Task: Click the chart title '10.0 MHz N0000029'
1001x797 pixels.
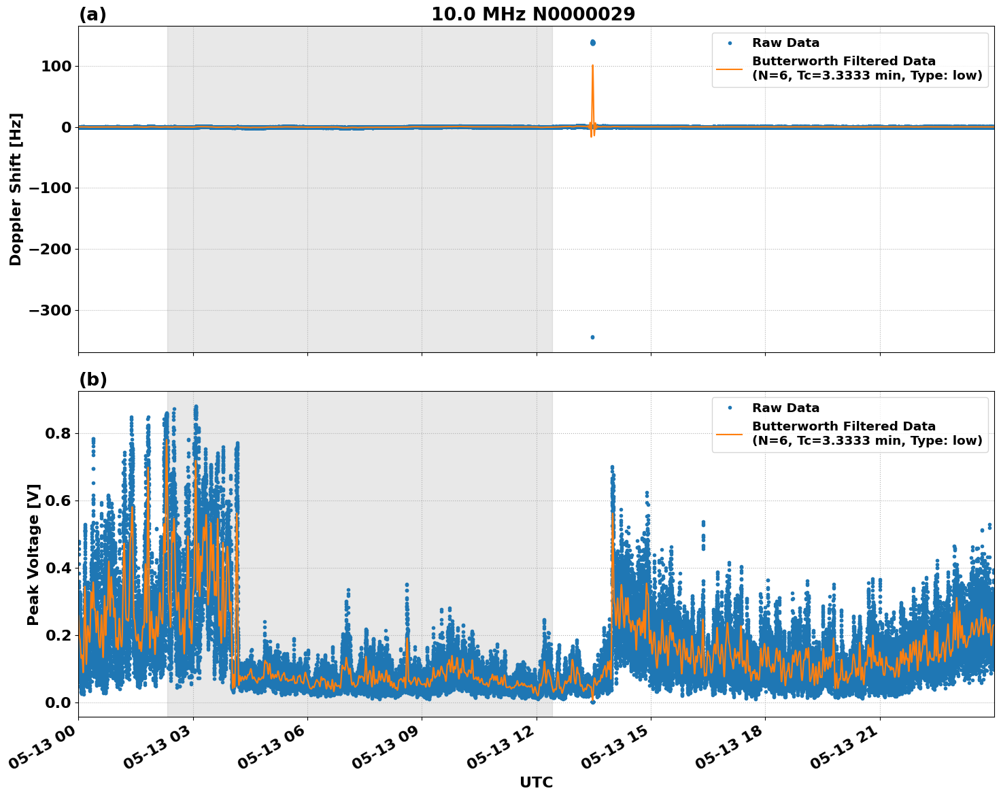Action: coord(533,14)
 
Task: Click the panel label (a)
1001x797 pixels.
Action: coord(92,14)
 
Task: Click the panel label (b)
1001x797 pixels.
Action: coord(92,379)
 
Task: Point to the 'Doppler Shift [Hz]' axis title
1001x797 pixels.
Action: coord(16,189)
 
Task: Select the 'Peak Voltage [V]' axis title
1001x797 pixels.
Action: coord(33,554)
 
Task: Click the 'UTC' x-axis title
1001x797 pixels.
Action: coord(536,782)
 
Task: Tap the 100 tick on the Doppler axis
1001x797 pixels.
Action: coord(58,67)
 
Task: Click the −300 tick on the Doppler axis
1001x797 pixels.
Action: coord(50,311)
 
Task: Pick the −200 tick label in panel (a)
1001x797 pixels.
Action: coord(50,250)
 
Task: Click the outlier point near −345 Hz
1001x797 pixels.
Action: coord(592,337)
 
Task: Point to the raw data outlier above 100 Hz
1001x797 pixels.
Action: coord(592,43)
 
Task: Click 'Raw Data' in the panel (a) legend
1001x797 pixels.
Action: coord(785,44)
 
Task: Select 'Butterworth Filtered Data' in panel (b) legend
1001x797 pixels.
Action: coord(843,426)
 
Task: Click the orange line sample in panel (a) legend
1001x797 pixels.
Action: coord(730,68)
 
